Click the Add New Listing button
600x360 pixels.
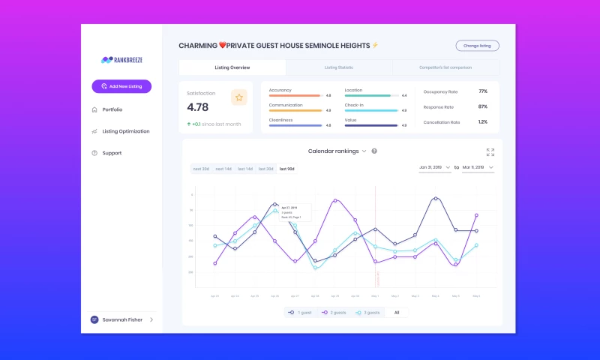(121, 86)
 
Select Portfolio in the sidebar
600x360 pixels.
(112, 109)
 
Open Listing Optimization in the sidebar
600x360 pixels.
(125, 131)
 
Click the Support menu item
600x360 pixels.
(112, 153)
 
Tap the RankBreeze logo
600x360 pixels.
(121, 60)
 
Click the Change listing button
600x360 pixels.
(477, 46)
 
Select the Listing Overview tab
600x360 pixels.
(232, 67)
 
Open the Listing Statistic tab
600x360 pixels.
(339, 67)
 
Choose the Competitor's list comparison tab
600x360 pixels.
(445, 67)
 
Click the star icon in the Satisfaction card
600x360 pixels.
(238, 97)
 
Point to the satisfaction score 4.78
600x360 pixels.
(198, 108)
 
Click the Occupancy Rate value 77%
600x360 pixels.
(482, 91)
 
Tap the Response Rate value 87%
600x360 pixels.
(482, 106)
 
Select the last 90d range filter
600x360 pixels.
(287, 169)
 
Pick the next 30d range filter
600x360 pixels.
(202, 169)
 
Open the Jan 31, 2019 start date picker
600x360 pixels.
(434, 167)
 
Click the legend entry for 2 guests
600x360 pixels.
(334, 312)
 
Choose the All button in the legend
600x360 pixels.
(397, 312)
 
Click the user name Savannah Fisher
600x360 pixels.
(123, 319)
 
